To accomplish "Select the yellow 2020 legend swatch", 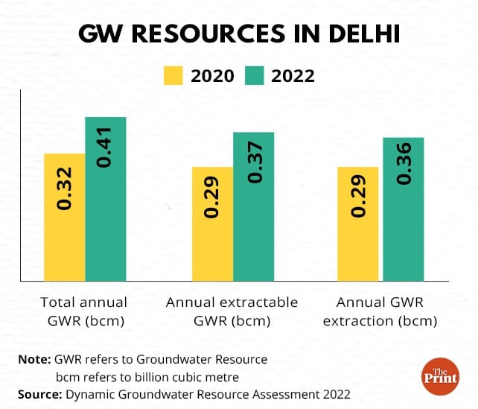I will [173, 75].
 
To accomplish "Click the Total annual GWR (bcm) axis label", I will [83, 312].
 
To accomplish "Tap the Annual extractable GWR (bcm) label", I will [232, 312].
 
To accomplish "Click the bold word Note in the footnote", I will [34, 359].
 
